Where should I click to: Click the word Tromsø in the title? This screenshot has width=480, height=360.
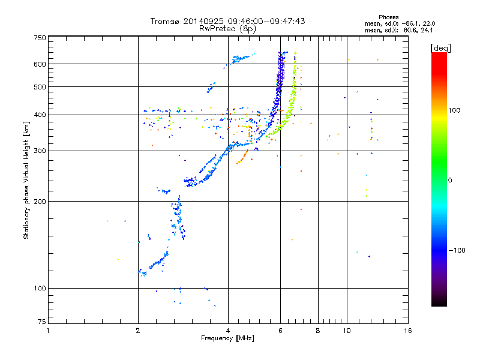(164, 21)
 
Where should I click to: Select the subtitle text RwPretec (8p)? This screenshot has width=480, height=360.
(227, 29)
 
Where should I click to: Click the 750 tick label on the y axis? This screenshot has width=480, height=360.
(40, 38)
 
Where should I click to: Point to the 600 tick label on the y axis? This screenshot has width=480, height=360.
(40, 64)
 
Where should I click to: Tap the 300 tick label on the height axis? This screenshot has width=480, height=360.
(40, 151)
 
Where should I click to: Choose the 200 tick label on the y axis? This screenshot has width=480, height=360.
(40, 202)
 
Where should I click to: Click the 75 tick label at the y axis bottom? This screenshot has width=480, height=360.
(42, 322)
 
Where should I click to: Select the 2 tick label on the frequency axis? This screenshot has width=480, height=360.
(138, 331)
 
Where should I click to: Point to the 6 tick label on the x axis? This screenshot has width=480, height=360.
(280, 331)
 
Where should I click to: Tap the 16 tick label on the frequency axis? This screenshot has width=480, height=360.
(408, 331)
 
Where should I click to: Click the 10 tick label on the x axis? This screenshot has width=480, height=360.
(347, 331)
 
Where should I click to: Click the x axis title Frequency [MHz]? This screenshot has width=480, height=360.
(227, 338)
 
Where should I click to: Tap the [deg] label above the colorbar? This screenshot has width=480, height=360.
(441, 48)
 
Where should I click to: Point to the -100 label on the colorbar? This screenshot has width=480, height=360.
(457, 250)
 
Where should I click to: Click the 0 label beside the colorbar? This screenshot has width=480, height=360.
(450, 180)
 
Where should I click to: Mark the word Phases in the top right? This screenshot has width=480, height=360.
(388, 17)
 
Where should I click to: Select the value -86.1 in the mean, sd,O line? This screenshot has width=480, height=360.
(410, 23)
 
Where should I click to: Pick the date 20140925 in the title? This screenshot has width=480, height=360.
(203, 21)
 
